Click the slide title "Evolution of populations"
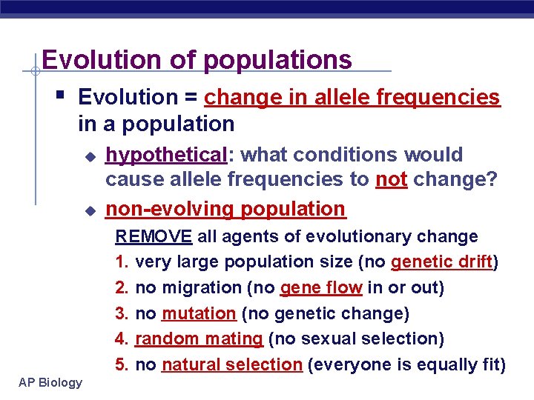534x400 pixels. click(x=197, y=59)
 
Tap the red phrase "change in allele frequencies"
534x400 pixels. click(x=352, y=98)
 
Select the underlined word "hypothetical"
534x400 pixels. click(x=165, y=155)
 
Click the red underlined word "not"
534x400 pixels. click(x=391, y=181)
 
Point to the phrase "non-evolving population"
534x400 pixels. click(x=225, y=210)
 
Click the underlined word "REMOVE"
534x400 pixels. click(x=154, y=237)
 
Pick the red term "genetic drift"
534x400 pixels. click(x=442, y=262)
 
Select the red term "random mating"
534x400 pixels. click(x=199, y=339)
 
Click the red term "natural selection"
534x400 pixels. click(x=231, y=365)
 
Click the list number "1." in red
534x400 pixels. click(x=122, y=262)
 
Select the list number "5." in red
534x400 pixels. click(x=122, y=365)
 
